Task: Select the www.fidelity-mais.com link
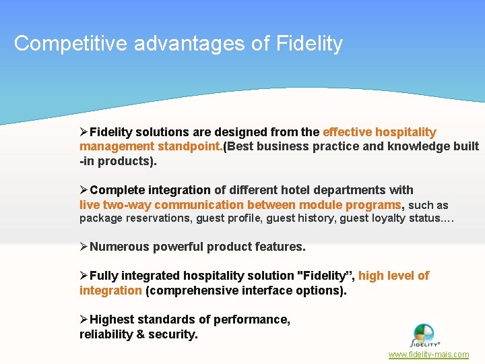tap(428, 355)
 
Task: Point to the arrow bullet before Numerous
tap(84, 247)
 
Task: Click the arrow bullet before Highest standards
tap(84, 320)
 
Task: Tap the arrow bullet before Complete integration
tap(84, 190)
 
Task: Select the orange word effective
tap(348, 132)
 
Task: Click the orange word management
tap(117, 146)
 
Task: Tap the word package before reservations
tap(100, 218)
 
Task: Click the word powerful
tap(178, 247)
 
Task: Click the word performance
tap(256, 320)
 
